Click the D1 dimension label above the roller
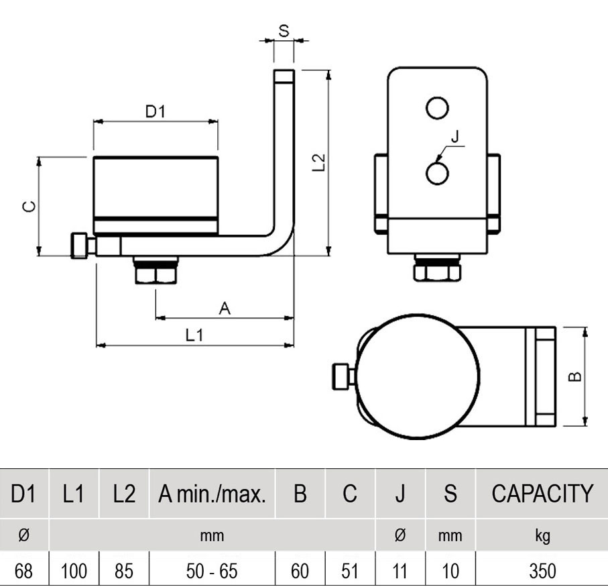pyautogui.click(x=155, y=112)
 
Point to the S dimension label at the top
pyautogui.click(x=284, y=31)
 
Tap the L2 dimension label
pyautogui.click(x=319, y=163)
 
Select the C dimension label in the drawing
pyautogui.click(x=29, y=207)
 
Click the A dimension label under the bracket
pyautogui.click(x=225, y=309)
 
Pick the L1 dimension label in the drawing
pyautogui.click(x=194, y=335)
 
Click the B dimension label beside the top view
pyautogui.click(x=574, y=377)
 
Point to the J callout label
pyautogui.click(x=455, y=136)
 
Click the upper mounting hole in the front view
pyautogui.click(x=437, y=108)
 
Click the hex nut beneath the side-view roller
pyautogui.click(x=156, y=274)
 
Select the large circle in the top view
pyautogui.click(x=418, y=376)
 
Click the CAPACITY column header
pyautogui.click(x=542, y=494)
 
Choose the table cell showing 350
pyautogui.click(x=542, y=571)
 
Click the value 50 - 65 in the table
pyautogui.click(x=212, y=571)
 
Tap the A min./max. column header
pyautogui.click(x=212, y=494)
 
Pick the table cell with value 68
pyautogui.click(x=23, y=571)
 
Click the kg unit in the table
pyautogui.click(x=542, y=536)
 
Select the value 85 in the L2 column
pyautogui.click(x=124, y=571)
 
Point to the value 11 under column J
pyautogui.click(x=400, y=571)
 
